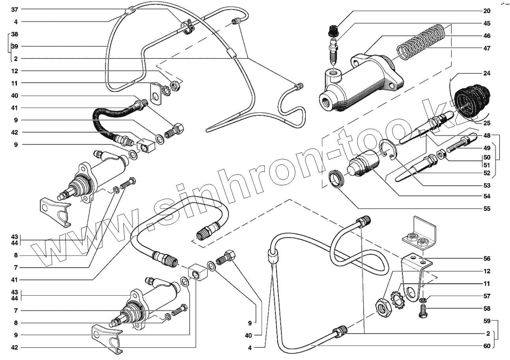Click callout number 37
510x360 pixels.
tap(15, 9)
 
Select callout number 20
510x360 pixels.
tap(486, 11)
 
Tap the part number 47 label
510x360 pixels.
tap(486, 48)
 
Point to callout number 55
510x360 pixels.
tap(486, 209)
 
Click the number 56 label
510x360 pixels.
tap(486, 259)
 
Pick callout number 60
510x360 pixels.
tap(486, 346)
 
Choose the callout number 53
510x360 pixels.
tap(486, 185)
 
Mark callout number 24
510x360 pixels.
tap(486, 73)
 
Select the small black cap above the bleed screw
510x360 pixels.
tap(334, 30)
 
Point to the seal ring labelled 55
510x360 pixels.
tap(337, 179)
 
